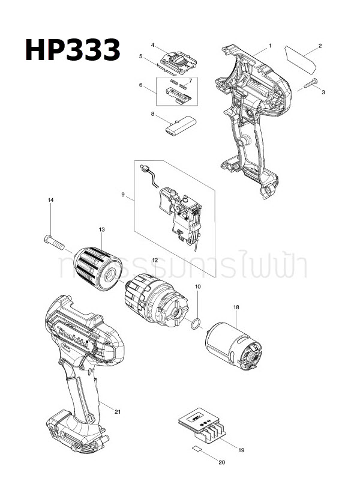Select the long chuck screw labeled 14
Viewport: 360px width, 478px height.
pyautogui.click(x=53, y=243)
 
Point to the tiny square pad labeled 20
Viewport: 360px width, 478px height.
pyautogui.click(x=196, y=449)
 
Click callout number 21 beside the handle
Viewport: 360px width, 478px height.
pyautogui.click(x=118, y=411)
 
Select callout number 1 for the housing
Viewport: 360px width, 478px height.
pyautogui.click(x=270, y=46)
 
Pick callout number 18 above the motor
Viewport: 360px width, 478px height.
pyautogui.click(x=236, y=307)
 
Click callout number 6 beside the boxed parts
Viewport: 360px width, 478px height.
pyautogui.click(x=140, y=85)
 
